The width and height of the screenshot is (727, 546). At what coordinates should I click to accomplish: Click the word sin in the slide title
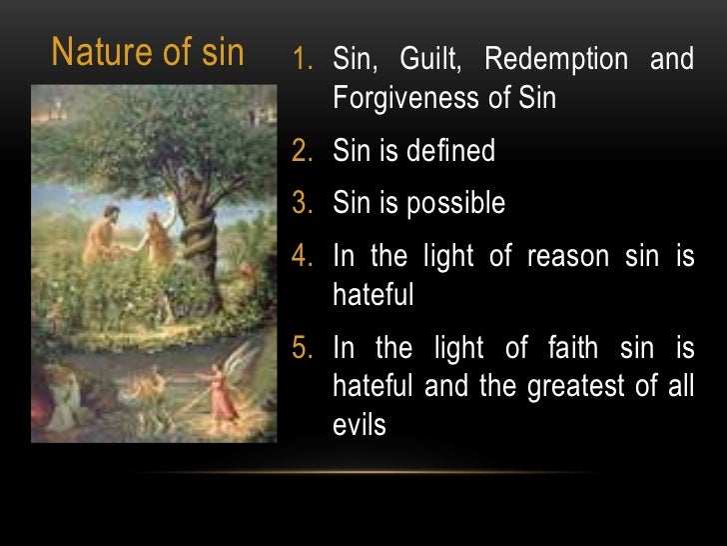pos(221,53)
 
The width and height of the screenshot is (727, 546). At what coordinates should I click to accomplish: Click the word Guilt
pos(428,60)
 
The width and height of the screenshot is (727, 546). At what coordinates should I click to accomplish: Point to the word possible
pos(454,204)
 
